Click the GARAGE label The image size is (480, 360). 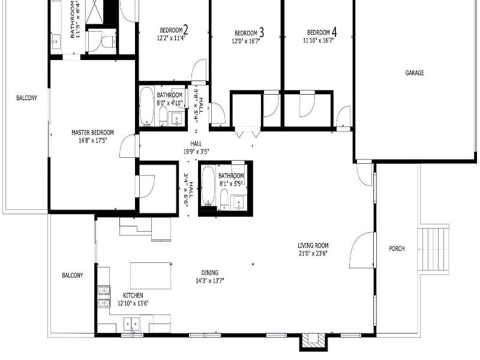pos(415,73)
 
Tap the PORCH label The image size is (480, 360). pos(397,248)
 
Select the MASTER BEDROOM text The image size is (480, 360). pos(92,133)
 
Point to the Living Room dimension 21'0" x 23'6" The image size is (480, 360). pos(313,253)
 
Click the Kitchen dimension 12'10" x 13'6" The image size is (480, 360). pos(133,304)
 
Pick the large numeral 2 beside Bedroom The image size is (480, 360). pos(185,30)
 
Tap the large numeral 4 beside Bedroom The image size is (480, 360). pos(334,32)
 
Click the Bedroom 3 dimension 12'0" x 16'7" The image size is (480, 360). pos(246,41)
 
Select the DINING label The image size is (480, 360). pos(209,272)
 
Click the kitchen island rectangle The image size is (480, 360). pos(151,275)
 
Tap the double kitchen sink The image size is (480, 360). pos(131,324)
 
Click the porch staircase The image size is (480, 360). pos(433,249)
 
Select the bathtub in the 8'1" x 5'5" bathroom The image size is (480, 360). pos(208,186)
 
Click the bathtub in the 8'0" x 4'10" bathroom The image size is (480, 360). pos(146,106)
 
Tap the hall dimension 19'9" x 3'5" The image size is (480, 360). pos(196,152)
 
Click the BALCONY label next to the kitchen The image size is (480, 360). pos(72,275)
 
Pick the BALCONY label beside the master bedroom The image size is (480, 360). pos(26,98)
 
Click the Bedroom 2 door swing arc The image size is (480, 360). pos(199,69)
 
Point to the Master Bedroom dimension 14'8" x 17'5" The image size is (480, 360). pos(92,140)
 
